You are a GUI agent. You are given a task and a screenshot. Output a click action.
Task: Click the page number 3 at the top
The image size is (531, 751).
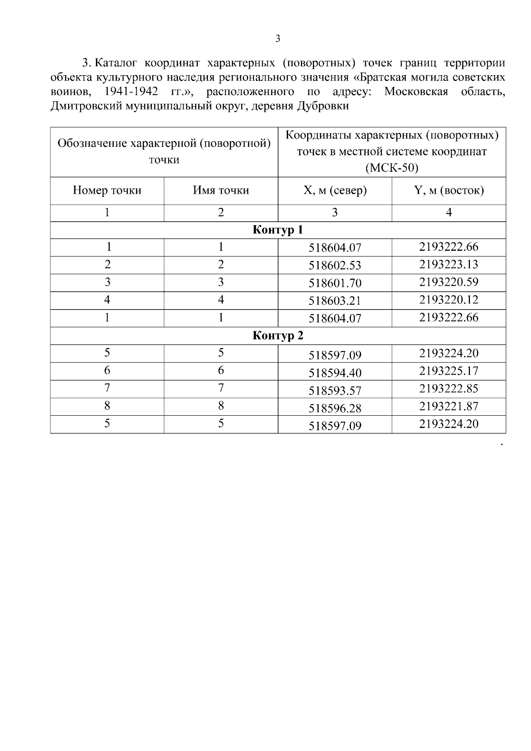pos(277,39)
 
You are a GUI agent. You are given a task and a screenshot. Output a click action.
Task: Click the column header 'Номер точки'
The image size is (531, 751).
pos(107,191)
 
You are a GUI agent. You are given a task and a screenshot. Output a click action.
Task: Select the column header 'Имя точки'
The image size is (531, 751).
pos(221,191)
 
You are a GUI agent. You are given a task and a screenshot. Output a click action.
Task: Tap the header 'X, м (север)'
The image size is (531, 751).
pos(335,191)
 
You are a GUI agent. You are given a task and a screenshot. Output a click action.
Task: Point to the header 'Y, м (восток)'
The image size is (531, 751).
pos(448,191)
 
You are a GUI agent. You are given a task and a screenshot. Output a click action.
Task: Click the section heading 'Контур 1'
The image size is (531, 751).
pos(277,230)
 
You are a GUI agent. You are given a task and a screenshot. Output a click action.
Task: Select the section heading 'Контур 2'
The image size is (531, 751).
pos(277,336)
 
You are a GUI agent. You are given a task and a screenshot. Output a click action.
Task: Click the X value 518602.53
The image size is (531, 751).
pos(335,266)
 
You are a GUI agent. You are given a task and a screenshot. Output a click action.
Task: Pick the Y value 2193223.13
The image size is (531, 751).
pos(448,264)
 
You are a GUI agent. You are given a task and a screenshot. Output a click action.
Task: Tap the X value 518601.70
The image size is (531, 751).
pos(335,284)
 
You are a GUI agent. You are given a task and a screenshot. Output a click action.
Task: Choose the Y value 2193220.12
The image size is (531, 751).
pos(448,300)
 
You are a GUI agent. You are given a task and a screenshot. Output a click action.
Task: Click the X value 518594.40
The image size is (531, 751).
pos(335,373)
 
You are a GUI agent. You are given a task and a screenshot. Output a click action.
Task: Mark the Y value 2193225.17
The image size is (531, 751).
pos(448,371)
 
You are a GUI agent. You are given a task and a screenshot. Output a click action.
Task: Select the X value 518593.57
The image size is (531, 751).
pos(335,391)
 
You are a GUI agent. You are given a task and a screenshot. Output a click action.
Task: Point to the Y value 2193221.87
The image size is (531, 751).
pos(448,406)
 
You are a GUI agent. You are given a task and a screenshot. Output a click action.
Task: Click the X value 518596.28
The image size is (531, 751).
pos(335,409)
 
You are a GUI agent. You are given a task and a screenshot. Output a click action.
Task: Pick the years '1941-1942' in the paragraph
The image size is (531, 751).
pos(131,92)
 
